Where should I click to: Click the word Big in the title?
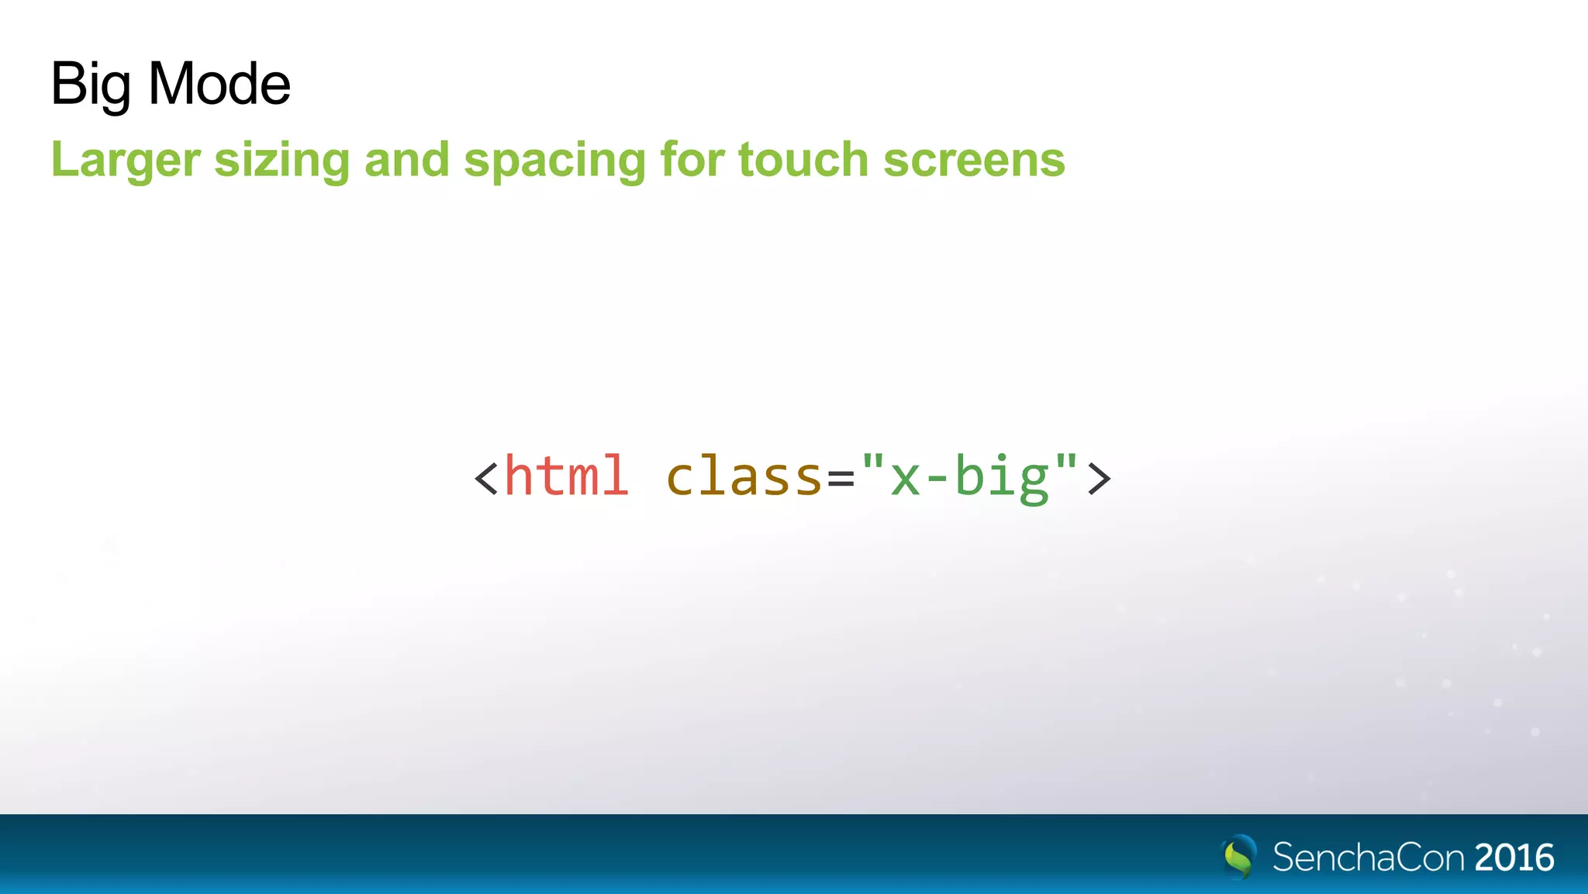point(90,84)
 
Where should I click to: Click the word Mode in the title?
point(219,84)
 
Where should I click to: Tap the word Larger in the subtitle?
point(126,160)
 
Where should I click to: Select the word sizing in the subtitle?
point(281,160)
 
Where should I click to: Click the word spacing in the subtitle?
point(554,161)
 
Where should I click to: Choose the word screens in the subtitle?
point(974,160)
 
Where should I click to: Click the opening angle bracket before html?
point(486,478)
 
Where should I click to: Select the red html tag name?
point(566,476)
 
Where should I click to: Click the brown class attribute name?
point(744,476)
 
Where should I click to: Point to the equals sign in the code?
point(841,479)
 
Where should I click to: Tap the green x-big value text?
point(970,477)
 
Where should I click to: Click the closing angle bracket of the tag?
point(1100,478)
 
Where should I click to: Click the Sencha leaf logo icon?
point(1239,857)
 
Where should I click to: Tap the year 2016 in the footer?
point(1514,858)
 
